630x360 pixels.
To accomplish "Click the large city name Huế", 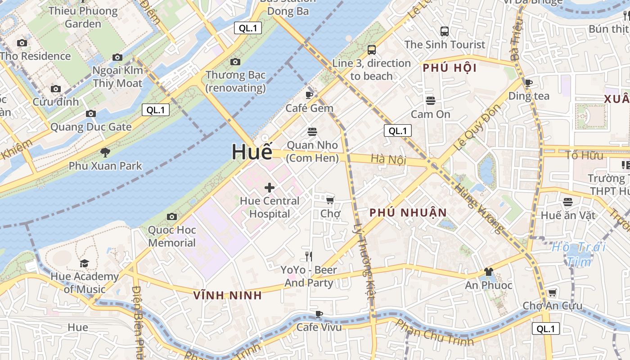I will [252, 152].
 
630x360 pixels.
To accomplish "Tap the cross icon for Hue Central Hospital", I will [270, 187].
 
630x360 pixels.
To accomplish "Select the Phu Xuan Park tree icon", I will [105, 153].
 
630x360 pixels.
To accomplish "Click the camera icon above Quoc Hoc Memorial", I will [171, 217].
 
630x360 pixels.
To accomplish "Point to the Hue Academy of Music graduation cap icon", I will [84, 263].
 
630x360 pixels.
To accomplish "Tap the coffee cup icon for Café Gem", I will [309, 95].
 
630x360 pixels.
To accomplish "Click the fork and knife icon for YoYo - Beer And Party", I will [309, 256].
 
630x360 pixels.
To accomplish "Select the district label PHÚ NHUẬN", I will [408, 213].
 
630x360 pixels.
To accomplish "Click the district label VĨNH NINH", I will [227, 296].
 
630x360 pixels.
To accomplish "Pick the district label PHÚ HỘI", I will [450, 68].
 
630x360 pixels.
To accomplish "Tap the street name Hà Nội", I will [388, 159].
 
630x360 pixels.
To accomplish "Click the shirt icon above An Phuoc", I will [489, 272].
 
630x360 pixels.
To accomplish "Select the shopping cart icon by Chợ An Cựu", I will [552, 292].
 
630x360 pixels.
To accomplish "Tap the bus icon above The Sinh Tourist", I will [445, 31].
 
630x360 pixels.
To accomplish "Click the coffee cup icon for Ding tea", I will [529, 83].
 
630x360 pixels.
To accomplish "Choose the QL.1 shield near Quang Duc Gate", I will [156, 110].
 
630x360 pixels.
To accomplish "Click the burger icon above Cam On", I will [431, 101].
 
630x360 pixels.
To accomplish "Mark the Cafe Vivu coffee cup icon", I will [319, 314].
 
